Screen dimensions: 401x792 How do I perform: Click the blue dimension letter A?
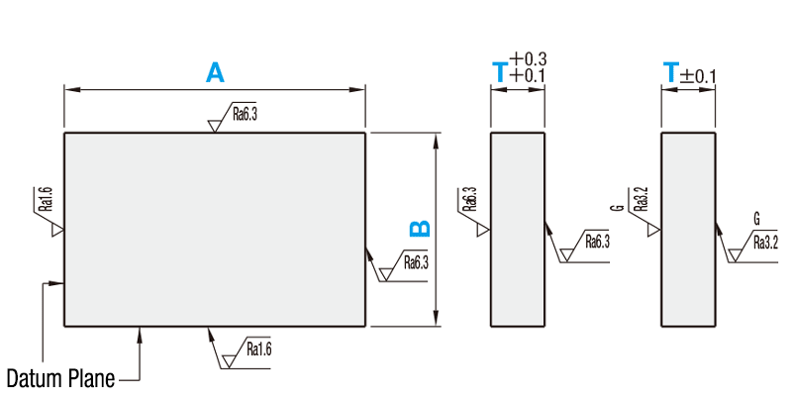[215, 73]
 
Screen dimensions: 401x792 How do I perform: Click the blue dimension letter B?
[420, 229]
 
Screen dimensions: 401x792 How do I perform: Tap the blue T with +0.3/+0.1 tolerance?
[500, 71]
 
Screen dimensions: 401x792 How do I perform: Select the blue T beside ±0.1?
[671, 72]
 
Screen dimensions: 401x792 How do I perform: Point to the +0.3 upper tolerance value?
[530, 59]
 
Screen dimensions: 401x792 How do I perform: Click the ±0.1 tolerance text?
[699, 75]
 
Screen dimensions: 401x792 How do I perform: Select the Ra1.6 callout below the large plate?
[258, 349]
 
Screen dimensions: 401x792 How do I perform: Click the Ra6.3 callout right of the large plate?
[415, 262]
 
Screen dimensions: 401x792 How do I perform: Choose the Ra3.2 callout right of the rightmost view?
[765, 241]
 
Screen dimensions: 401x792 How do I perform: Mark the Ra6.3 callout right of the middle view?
[597, 241]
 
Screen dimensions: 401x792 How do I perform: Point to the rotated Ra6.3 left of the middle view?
[470, 200]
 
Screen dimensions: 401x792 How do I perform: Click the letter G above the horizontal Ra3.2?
[756, 218]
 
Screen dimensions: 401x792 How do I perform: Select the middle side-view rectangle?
[518, 229]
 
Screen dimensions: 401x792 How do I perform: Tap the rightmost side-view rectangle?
[688, 229]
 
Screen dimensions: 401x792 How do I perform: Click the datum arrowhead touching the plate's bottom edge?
[142, 334]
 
